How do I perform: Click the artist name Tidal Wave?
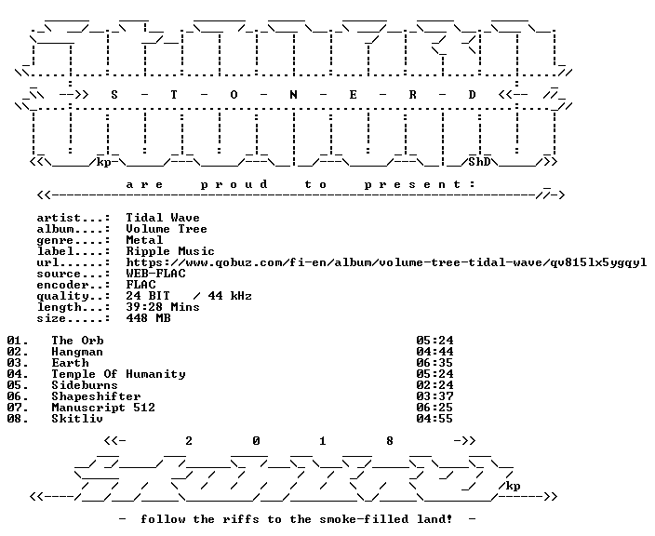tap(163, 218)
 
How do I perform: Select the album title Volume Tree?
tap(167, 229)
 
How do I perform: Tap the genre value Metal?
tap(144, 240)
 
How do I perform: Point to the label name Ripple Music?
tap(170, 251)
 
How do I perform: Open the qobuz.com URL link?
tap(386, 262)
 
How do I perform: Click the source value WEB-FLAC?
tap(155, 274)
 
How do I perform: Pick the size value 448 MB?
tap(148, 318)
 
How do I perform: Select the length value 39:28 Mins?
tap(163, 307)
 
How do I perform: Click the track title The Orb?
tap(77, 341)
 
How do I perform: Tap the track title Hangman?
tap(77, 352)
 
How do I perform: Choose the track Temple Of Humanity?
tap(118, 374)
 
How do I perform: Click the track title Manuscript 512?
tap(103, 408)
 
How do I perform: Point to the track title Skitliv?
tap(77, 419)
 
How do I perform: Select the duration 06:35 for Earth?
tap(434, 363)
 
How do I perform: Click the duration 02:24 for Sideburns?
tap(434, 385)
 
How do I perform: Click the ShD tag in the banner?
tap(479, 162)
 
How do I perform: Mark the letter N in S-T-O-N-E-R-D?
tap(293, 95)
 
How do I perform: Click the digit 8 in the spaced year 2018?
tap(389, 441)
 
